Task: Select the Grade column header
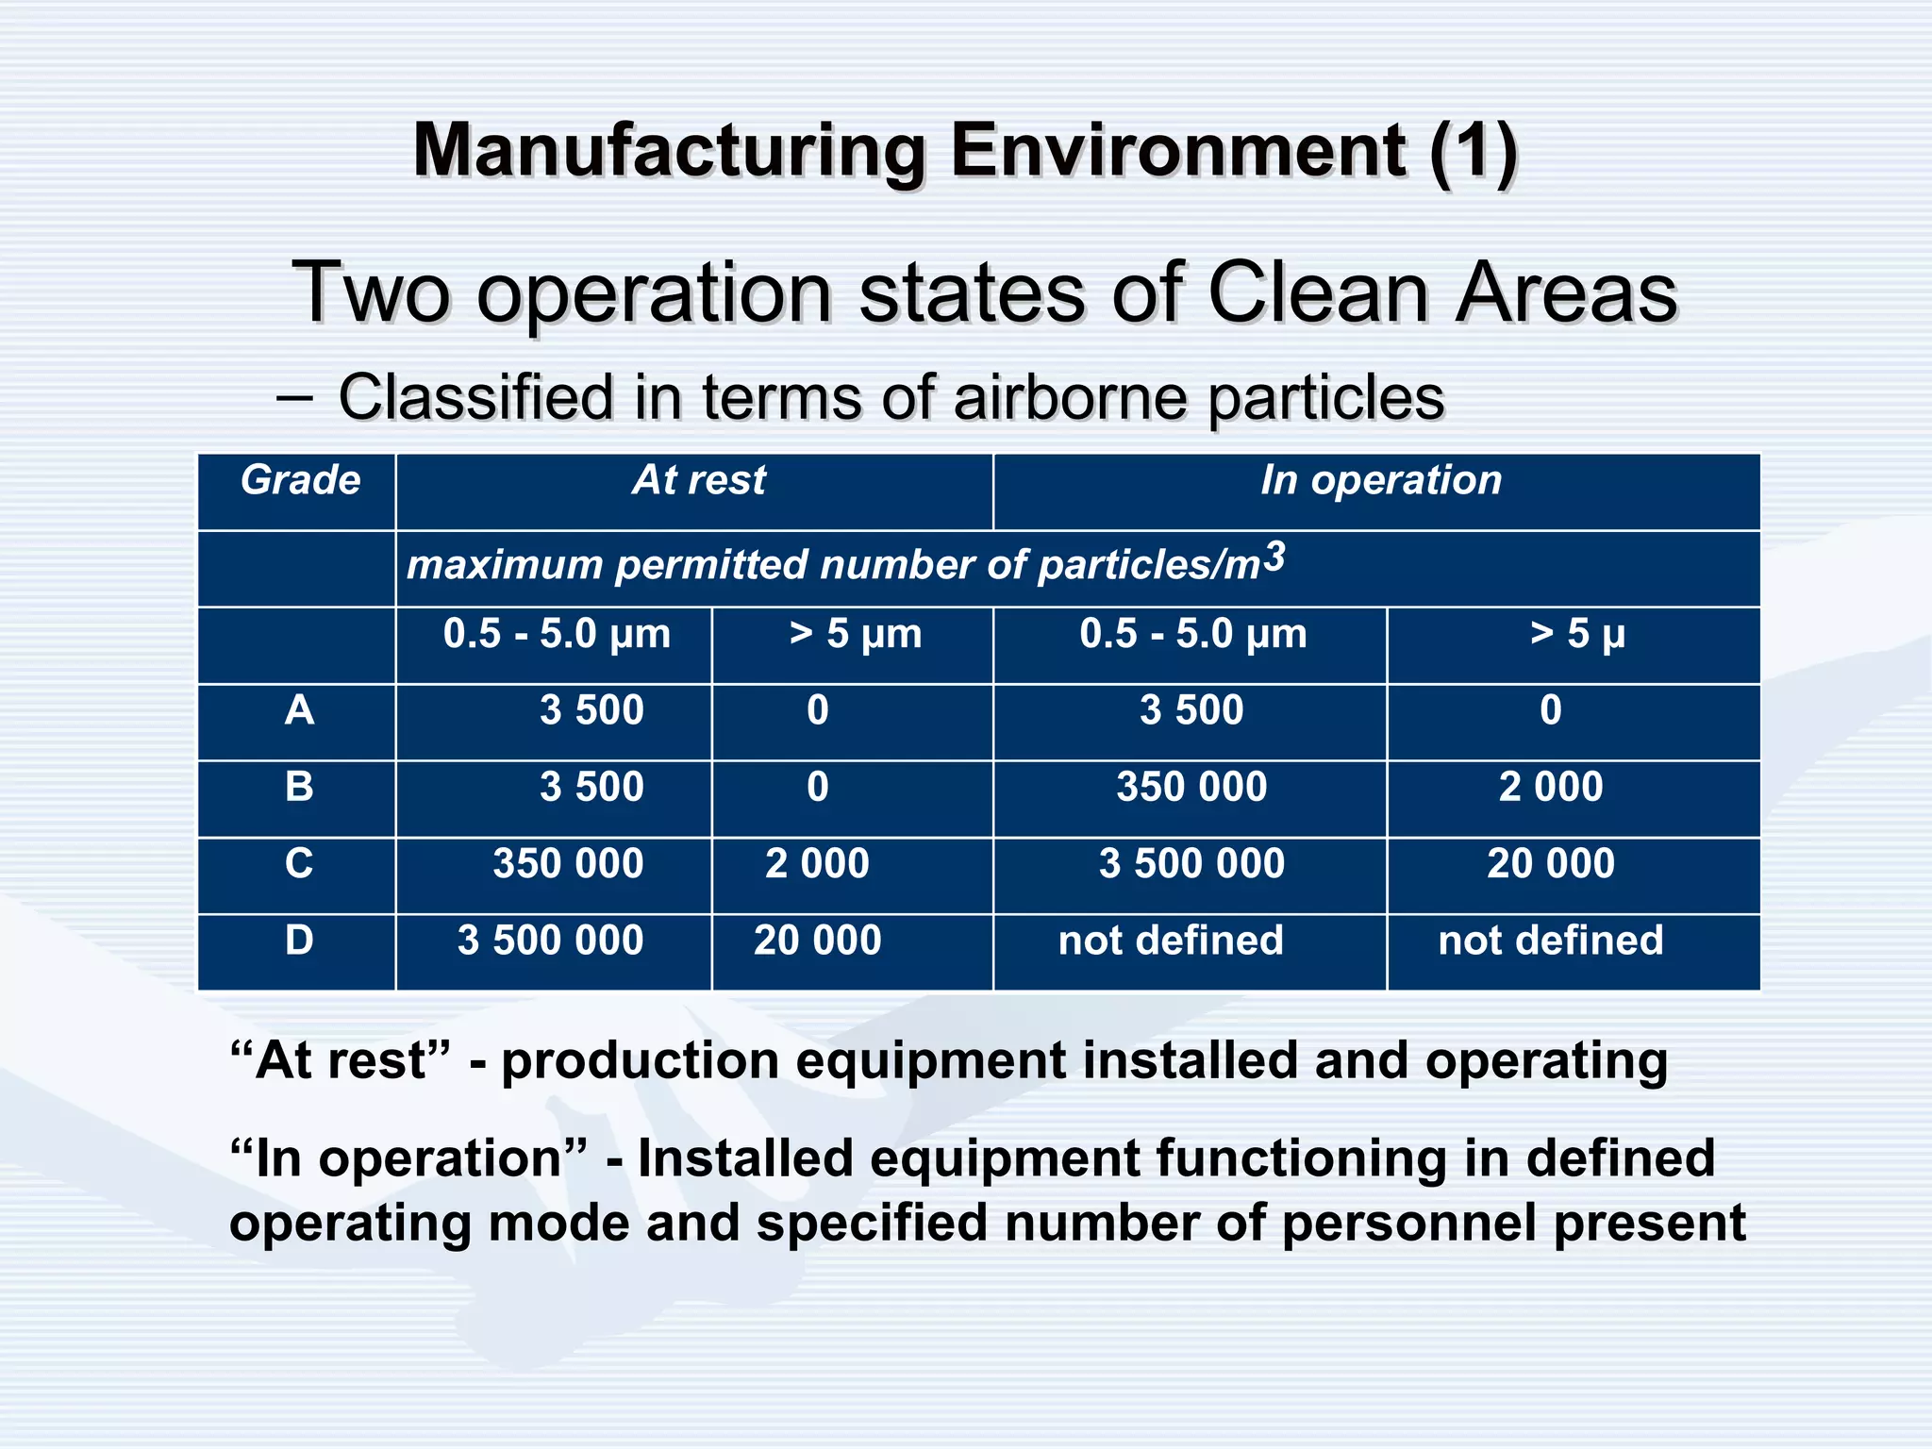[x=300, y=480]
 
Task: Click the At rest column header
[x=698, y=480]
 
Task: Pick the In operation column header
[x=1380, y=480]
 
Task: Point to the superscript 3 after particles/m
[x=1274, y=557]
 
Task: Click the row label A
[x=299, y=709]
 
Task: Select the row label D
[x=299, y=941]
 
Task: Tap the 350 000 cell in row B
[x=1191, y=787]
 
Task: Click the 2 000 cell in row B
[x=1550, y=787]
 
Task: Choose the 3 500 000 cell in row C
[x=1191, y=864]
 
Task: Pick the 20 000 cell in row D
[x=817, y=941]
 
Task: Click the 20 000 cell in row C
[x=1550, y=864]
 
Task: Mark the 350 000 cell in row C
[x=568, y=864]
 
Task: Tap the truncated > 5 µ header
[x=1577, y=634]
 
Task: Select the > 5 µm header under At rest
[x=855, y=634]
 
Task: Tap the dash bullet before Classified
[x=294, y=397]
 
